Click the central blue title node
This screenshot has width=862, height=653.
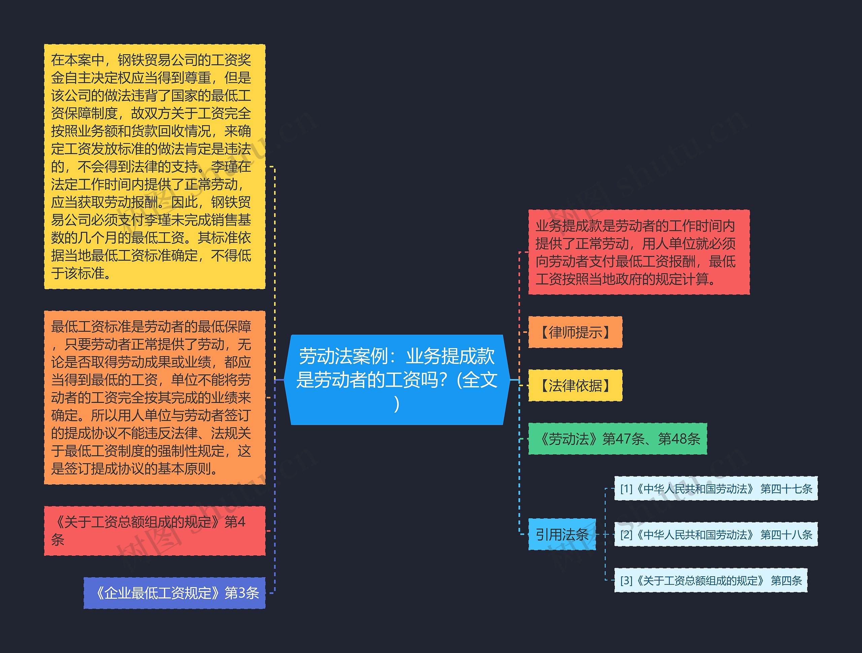(x=397, y=379)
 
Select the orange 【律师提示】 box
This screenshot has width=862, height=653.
(x=575, y=332)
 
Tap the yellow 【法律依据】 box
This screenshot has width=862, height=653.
(x=575, y=385)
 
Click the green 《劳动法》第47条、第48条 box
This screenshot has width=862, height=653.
(x=617, y=439)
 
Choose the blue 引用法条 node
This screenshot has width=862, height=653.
(x=562, y=534)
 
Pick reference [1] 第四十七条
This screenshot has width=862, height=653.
(x=716, y=489)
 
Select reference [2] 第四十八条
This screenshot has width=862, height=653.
(x=716, y=535)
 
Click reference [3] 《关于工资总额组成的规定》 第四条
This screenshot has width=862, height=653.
(x=710, y=581)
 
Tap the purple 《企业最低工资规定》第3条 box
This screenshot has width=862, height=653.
(x=174, y=593)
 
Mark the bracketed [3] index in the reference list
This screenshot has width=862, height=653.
(x=626, y=581)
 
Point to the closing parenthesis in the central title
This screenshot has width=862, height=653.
(x=397, y=404)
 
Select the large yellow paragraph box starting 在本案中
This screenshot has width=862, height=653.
(x=154, y=166)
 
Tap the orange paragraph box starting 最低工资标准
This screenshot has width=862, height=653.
(x=154, y=398)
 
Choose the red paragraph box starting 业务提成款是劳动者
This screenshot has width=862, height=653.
(x=639, y=252)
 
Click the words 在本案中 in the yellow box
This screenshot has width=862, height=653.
(x=77, y=60)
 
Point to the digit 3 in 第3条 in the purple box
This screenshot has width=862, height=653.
(x=242, y=593)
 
